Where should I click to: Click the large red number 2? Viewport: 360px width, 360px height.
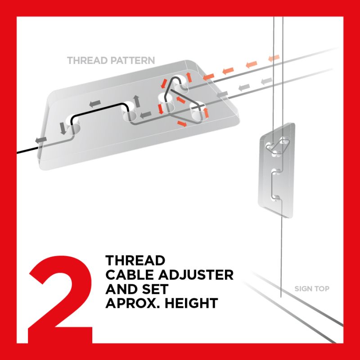tap(60, 298)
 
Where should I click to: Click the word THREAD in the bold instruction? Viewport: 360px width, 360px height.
tap(135, 261)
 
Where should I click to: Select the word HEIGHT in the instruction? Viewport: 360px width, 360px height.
tap(191, 303)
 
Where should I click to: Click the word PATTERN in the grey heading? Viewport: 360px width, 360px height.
tap(132, 60)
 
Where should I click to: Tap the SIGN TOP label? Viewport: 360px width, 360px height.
tap(312, 288)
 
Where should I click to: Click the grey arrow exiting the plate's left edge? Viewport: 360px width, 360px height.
tap(41, 140)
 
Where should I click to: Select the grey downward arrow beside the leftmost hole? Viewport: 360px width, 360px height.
tap(63, 128)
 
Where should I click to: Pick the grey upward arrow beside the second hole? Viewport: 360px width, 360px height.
tap(137, 101)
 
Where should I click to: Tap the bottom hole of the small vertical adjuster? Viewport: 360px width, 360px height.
tap(276, 198)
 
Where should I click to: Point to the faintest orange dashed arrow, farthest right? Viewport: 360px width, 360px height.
tap(274, 58)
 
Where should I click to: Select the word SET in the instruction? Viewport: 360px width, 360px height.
tap(155, 289)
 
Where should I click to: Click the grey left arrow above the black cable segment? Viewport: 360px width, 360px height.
tap(95, 104)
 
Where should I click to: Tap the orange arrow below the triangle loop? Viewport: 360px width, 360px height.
tap(182, 123)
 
